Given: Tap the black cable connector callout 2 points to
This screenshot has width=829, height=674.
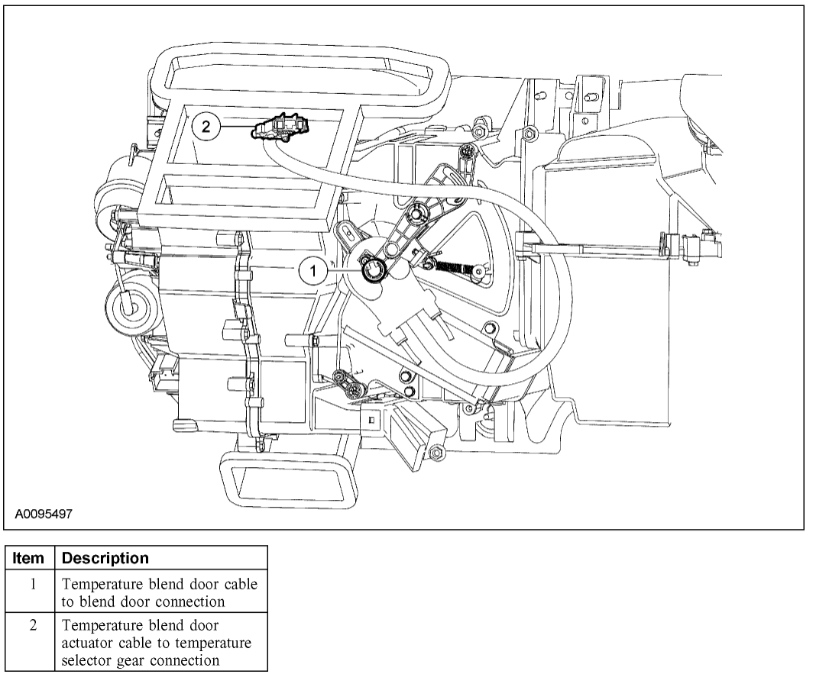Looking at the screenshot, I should [x=277, y=128].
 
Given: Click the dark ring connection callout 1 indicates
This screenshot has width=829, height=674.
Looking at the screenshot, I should [x=374, y=269].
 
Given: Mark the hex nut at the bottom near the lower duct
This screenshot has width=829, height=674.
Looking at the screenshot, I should [x=434, y=453].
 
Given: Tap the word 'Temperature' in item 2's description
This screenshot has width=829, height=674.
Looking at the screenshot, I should [x=100, y=628].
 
